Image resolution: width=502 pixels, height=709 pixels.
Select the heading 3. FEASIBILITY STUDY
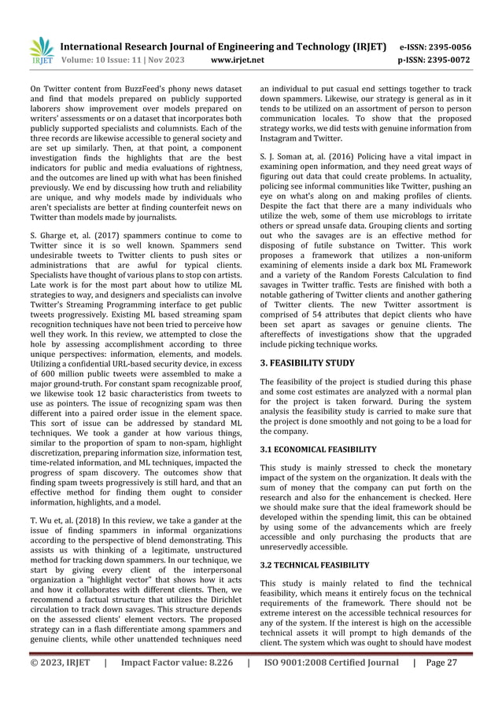[308, 364]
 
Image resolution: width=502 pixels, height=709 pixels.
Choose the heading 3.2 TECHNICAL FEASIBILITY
[314, 565]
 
